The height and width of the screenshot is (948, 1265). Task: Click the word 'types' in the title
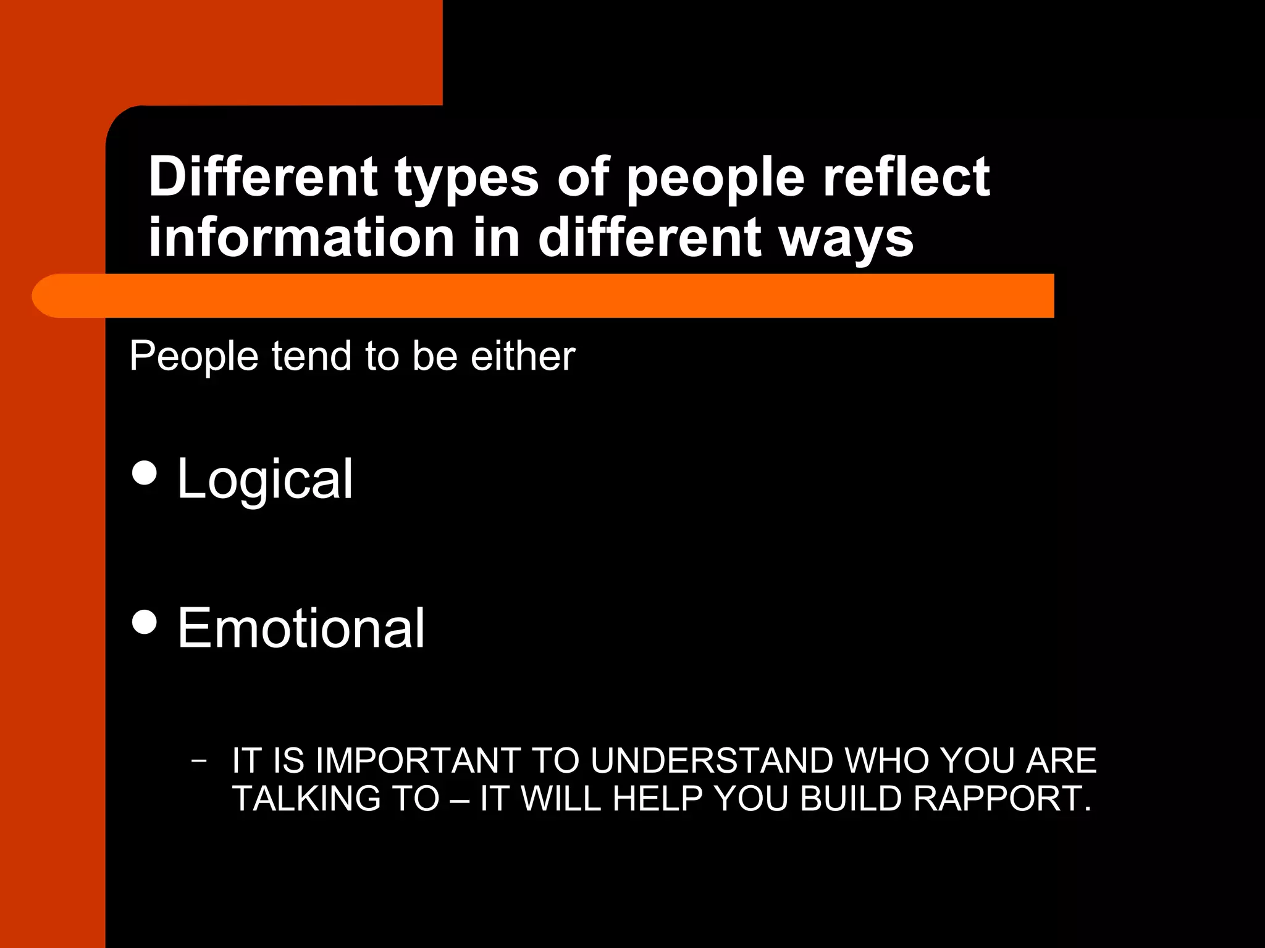[466, 179]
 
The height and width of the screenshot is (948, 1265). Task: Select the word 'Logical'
[265, 480]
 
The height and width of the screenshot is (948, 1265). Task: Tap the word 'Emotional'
[301, 628]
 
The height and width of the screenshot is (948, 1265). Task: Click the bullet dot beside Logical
[145, 473]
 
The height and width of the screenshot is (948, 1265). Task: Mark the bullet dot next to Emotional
[145, 622]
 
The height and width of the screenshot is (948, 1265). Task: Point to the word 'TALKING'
[305, 799]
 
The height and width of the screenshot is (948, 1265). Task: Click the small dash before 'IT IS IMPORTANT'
[198, 760]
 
